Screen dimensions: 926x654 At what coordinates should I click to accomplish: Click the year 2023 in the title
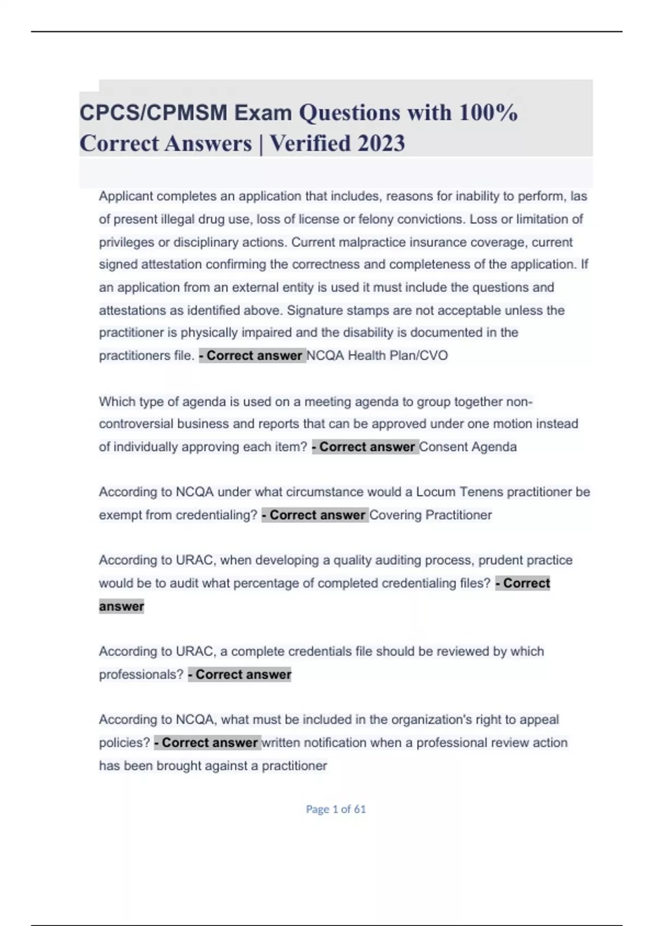point(381,144)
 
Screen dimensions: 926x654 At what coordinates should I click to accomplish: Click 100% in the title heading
point(488,113)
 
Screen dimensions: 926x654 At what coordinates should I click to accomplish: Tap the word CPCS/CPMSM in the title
point(154,113)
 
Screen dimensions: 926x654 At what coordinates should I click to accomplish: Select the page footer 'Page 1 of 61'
point(336,809)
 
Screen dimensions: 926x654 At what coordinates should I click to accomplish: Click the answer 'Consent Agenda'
point(468,447)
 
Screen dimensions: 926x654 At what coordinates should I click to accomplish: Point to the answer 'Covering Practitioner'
point(431,515)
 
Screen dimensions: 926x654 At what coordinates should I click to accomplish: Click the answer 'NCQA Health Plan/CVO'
point(377,356)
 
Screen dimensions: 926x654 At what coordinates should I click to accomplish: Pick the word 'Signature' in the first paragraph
point(313,310)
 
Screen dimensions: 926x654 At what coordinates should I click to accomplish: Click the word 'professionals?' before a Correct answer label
point(141,674)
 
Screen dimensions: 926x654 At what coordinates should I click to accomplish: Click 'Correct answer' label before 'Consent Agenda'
point(365,447)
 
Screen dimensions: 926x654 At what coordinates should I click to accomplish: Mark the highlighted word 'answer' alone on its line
point(122,606)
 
